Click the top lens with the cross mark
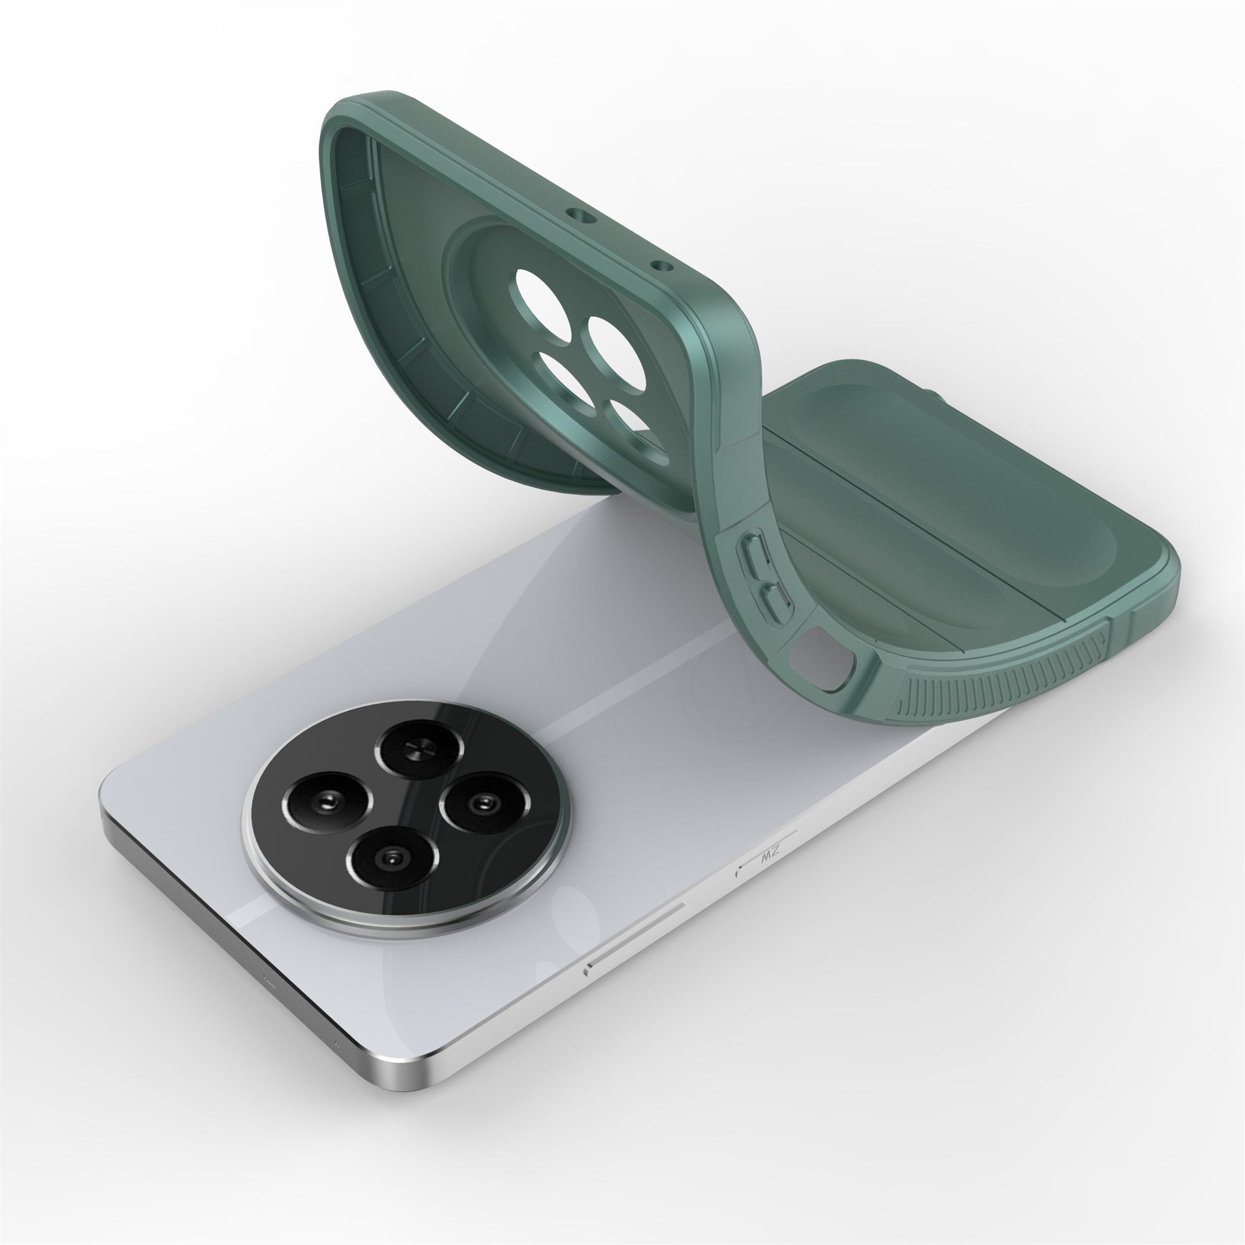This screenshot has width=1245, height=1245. [420, 749]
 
